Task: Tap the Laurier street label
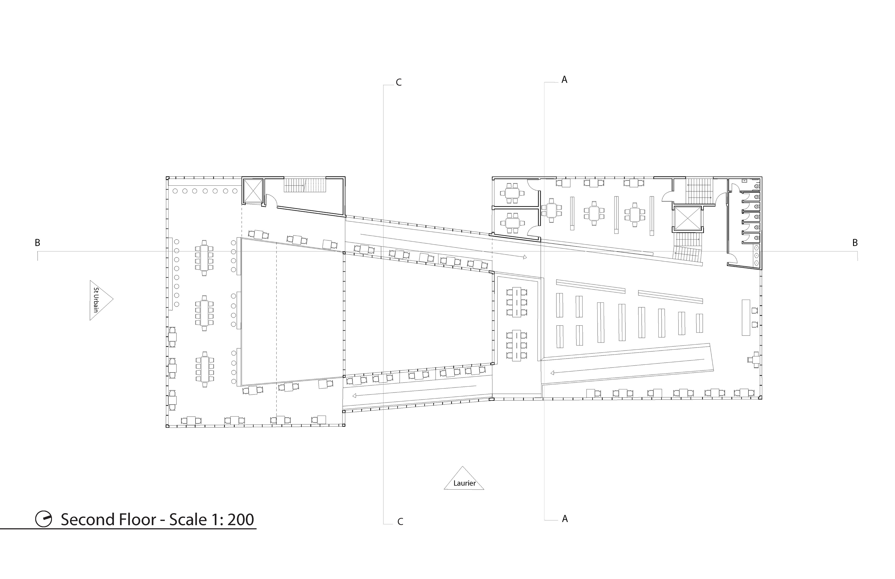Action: click(x=465, y=483)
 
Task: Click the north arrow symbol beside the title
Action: click(x=44, y=519)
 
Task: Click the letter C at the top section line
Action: click(x=399, y=82)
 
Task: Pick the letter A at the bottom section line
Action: click(x=565, y=518)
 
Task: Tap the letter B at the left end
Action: click(x=38, y=243)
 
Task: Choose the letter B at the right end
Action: click(x=855, y=243)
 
